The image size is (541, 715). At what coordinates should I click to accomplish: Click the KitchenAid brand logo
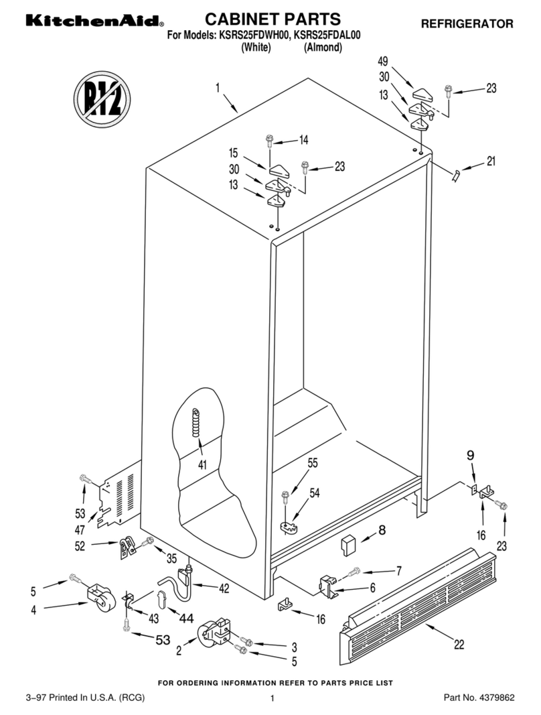pos(94,22)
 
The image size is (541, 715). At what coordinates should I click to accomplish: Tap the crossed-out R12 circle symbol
pos(102,101)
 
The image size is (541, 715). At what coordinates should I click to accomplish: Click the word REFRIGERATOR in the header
pos(467,24)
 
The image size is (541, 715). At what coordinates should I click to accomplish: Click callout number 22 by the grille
pos(459,645)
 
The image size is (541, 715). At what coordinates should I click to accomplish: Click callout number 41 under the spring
pos(202,465)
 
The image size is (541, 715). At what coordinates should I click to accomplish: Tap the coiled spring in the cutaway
pos(196,424)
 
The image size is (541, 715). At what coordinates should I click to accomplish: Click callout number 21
pos(491,161)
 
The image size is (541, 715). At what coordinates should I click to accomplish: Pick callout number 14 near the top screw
pos(304,140)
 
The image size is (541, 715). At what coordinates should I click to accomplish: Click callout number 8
pos(382,531)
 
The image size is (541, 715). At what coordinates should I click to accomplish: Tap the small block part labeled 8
pos(347,543)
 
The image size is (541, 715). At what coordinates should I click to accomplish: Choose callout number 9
pos(470,455)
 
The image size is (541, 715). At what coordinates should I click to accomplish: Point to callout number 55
pos(312,463)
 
